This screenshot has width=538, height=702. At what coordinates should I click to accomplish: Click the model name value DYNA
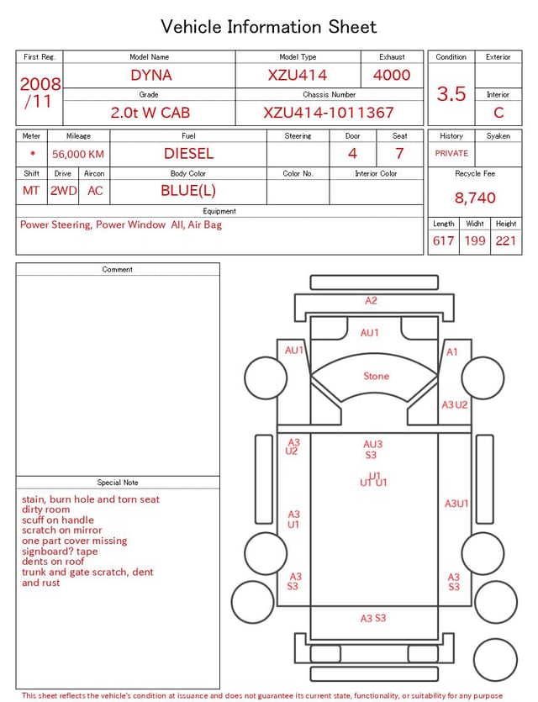point(151,75)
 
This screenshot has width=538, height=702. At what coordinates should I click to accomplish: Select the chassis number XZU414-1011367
point(329,113)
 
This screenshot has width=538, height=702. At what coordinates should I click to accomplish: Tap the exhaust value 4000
point(392,75)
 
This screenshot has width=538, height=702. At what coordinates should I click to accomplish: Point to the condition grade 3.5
point(451,93)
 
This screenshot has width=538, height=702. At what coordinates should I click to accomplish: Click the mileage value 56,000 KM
point(78,154)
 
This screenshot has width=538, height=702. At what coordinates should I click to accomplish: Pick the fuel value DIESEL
point(188,154)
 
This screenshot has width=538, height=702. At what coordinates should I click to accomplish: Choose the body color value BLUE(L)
point(188,191)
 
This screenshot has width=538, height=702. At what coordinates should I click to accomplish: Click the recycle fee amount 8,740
point(475,198)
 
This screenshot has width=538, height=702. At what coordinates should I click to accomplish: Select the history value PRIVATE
point(451,153)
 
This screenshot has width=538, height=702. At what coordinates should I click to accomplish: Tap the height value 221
point(506,240)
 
